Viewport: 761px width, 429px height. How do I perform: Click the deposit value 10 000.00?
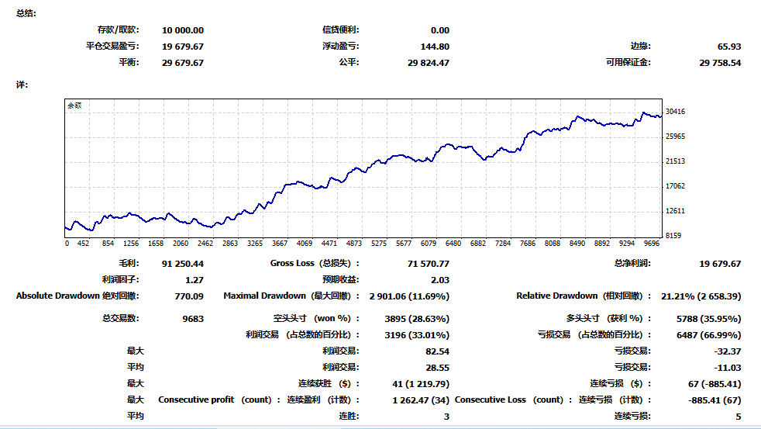click(x=183, y=30)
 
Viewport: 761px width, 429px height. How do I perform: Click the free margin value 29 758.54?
click(x=720, y=63)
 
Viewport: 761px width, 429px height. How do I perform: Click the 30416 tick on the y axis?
click(x=676, y=112)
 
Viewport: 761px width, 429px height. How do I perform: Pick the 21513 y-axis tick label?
click(x=676, y=161)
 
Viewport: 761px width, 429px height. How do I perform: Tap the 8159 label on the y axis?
click(x=674, y=236)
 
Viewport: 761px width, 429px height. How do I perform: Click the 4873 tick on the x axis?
click(x=354, y=243)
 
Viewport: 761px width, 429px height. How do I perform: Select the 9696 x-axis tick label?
click(x=652, y=243)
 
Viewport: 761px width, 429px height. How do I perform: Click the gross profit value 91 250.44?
click(x=183, y=264)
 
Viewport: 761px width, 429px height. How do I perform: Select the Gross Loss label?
click(x=292, y=264)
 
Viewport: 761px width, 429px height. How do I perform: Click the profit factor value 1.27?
click(x=194, y=280)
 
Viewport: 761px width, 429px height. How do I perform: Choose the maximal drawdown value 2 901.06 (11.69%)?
click(x=409, y=296)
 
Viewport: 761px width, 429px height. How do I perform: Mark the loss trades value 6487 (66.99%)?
click(x=708, y=335)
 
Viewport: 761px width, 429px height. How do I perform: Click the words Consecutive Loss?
click(x=491, y=400)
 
